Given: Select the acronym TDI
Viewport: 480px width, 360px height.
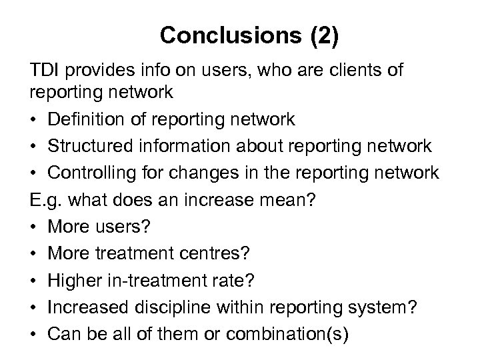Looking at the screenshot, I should [x=44, y=71].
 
